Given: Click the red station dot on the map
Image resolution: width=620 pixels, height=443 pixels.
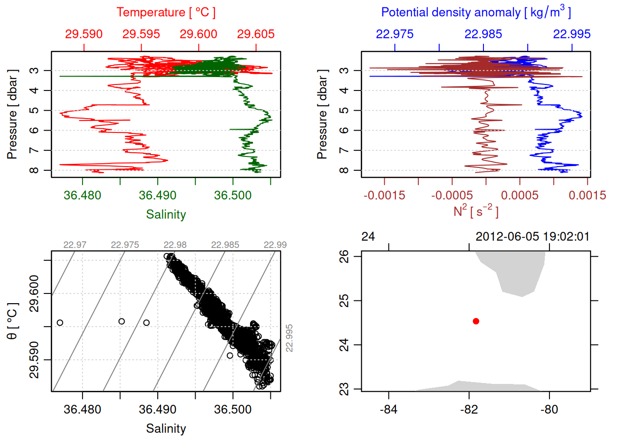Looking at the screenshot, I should click(476, 321).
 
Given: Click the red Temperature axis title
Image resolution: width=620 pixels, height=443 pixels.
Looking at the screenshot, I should click(166, 12).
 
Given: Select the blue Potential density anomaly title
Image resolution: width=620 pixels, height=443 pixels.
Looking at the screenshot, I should click(476, 12).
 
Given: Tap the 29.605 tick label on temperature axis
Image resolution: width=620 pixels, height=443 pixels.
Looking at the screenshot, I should click(256, 34).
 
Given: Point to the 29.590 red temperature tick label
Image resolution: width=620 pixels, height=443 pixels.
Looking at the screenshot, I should click(83, 34).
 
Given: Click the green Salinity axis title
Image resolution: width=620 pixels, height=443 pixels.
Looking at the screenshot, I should click(166, 215).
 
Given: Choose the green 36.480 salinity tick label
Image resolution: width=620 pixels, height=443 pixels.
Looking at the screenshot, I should click(82, 195).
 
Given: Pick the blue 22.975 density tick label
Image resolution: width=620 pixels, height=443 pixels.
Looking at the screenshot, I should click(394, 34).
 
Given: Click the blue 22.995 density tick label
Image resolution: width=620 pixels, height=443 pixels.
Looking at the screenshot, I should click(572, 34).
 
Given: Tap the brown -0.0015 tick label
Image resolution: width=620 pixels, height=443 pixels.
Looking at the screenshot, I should click(384, 195).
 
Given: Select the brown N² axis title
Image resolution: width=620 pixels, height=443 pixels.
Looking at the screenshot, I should click(476, 211).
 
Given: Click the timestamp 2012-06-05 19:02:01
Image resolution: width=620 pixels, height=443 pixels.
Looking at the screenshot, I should click(532, 237).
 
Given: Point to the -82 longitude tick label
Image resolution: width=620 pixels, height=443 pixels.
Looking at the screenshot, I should click(469, 409).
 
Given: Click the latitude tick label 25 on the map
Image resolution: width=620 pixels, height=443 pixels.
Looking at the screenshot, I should click(344, 301).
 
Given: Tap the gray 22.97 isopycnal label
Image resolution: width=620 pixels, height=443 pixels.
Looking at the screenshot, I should click(75, 245).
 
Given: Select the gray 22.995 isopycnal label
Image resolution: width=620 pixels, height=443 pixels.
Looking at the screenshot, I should click(289, 338).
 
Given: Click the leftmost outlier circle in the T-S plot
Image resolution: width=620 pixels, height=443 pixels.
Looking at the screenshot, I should click(60, 323).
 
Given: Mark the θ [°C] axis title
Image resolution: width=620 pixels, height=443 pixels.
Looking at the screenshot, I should click(12, 321).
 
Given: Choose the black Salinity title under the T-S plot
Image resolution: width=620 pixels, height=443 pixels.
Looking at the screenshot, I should click(166, 429).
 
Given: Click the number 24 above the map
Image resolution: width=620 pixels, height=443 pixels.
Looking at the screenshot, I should click(368, 237).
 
